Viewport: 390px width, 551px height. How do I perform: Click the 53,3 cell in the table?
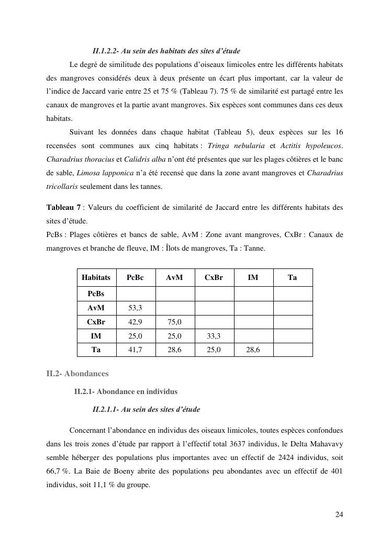[x=135, y=308]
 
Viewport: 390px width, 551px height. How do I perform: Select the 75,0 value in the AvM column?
[x=174, y=322]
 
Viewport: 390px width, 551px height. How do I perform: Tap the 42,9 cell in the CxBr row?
[x=135, y=322]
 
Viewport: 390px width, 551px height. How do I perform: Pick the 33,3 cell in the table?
[x=214, y=336]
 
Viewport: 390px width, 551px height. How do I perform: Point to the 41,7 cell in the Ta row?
[x=135, y=350]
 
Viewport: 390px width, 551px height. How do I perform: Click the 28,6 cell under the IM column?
[x=253, y=350]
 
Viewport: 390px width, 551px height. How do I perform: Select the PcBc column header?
[x=135, y=277]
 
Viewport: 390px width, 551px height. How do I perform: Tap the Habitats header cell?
[x=96, y=277]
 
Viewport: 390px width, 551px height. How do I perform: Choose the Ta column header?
[x=293, y=277]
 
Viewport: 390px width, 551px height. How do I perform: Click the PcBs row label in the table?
[x=96, y=294]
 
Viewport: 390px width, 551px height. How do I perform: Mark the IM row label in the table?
[x=96, y=336]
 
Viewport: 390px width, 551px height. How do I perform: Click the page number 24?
[x=339, y=514]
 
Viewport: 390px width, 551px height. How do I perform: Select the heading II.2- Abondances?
[x=77, y=374]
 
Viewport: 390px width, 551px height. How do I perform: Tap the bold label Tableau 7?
[x=64, y=208]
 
